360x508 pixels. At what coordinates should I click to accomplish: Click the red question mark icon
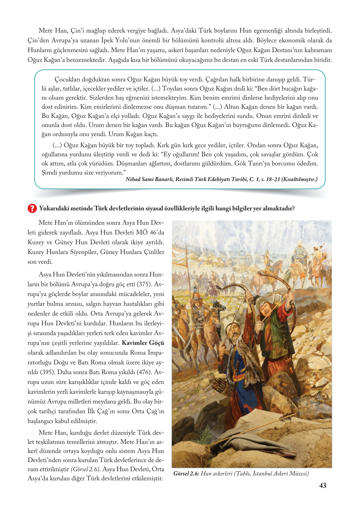pyautogui.click(x=32, y=208)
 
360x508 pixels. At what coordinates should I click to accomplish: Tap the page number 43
pyautogui.click(x=323, y=486)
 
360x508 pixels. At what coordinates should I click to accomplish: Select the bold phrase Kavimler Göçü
pyautogui.click(x=143, y=343)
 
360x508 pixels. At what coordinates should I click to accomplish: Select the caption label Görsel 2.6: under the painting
pyautogui.click(x=186, y=473)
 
